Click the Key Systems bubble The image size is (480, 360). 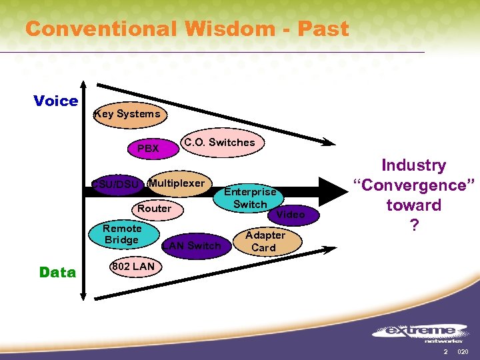(x=128, y=114)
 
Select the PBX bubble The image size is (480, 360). (x=148, y=148)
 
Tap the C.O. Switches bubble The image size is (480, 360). (x=219, y=142)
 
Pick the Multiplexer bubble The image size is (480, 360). (x=177, y=183)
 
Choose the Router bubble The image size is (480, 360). (x=155, y=209)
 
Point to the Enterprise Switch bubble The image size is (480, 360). (x=250, y=198)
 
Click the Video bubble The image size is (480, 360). (x=290, y=215)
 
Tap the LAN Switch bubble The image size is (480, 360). (x=192, y=246)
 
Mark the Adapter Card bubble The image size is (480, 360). (x=264, y=241)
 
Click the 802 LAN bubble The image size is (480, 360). (x=133, y=267)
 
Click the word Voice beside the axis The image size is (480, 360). (x=55, y=101)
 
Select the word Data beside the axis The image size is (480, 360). (x=57, y=272)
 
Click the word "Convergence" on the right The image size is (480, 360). (x=414, y=185)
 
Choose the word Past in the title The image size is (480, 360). (x=324, y=29)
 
